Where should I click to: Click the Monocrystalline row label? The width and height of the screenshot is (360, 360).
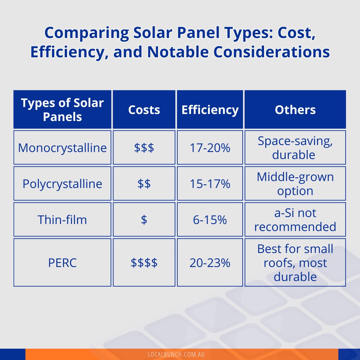[x=62, y=148]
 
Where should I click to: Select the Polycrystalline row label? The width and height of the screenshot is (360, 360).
[x=62, y=184]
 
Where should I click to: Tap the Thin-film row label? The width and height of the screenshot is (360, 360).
[x=62, y=220]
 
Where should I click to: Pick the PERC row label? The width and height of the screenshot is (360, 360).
[x=62, y=263]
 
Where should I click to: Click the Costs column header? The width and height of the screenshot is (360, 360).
[x=144, y=110]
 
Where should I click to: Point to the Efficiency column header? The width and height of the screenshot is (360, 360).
[x=210, y=110]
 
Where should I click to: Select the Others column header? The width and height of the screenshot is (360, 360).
[x=295, y=110]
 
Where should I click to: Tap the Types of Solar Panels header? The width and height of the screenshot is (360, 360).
[x=62, y=110]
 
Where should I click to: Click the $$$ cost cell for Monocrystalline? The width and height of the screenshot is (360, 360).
[x=144, y=148]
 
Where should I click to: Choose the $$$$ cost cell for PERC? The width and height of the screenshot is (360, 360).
[x=144, y=263]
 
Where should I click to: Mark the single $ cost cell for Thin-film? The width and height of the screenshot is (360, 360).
[x=144, y=220]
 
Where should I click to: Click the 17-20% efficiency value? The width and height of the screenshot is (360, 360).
[x=210, y=148]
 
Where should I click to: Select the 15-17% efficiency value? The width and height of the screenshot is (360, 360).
[x=210, y=184]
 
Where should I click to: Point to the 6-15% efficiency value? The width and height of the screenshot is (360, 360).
[x=210, y=220]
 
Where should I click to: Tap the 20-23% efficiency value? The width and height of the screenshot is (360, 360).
[x=210, y=263]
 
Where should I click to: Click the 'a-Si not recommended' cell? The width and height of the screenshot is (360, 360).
[x=295, y=220]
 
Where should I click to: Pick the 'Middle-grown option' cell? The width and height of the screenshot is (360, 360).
[x=295, y=184]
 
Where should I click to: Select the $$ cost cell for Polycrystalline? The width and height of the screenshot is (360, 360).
[x=144, y=184]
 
